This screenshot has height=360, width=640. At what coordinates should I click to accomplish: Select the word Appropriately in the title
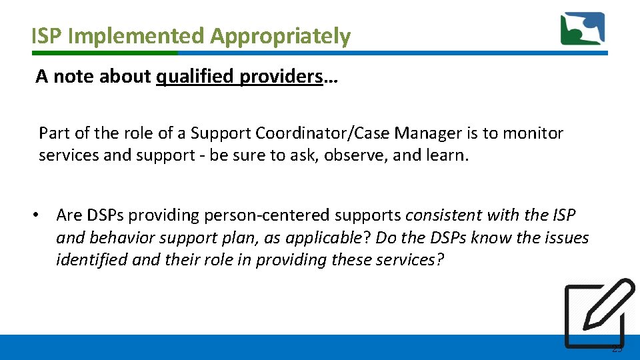[280, 36]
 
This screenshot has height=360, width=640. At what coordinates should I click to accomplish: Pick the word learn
[447, 156]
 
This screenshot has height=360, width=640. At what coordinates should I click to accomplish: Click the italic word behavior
[122, 237]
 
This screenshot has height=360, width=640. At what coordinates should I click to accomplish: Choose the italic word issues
[565, 237]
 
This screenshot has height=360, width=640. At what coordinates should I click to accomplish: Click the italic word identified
[92, 259]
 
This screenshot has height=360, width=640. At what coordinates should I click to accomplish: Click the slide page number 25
[617, 349]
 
